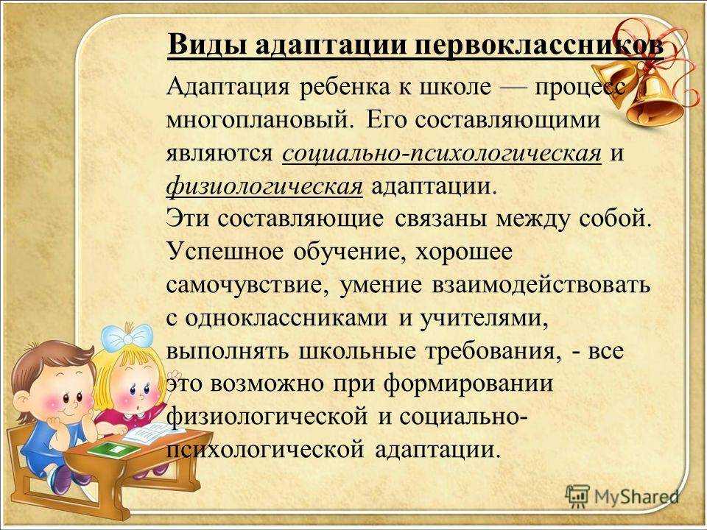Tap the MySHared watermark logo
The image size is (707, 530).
(x=622, y=494)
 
